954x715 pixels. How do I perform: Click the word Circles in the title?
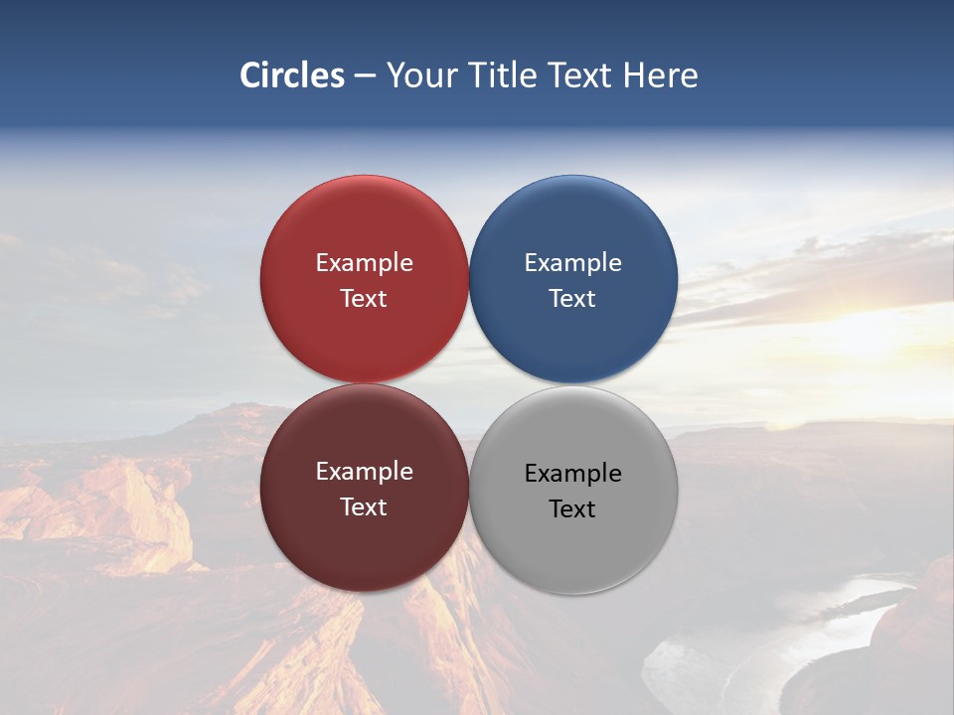click(x=292, y=75)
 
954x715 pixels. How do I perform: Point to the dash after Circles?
click(x=365, y=76)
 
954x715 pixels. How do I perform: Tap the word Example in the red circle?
click(x=364, y=263)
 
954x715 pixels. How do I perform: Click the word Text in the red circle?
click(x=364, y=299)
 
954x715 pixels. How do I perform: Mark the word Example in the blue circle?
click(x=572, y=263)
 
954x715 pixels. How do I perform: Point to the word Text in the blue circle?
click(x=572, y=299)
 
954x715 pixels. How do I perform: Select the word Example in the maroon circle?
click(x=364, y=472)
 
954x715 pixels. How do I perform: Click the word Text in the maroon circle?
click(x=364, y=507)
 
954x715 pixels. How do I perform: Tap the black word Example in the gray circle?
click(x=572, y=474)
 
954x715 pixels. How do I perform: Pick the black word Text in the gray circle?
click(x=572, y=509)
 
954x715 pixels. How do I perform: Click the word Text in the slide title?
click(x=581, y=75)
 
